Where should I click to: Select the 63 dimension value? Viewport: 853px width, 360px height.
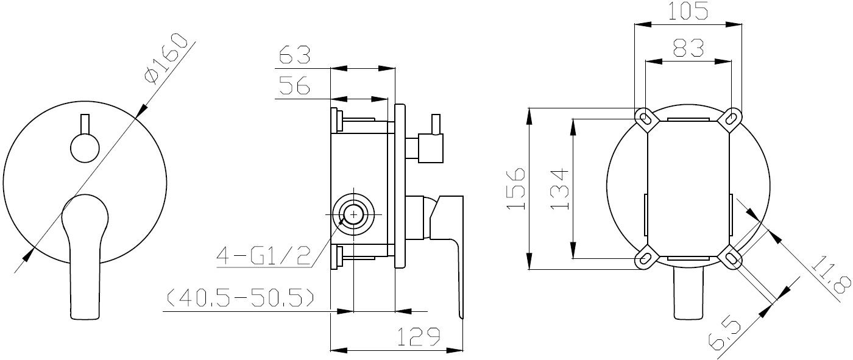click(295, 55)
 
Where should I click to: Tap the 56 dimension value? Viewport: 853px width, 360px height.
click(294, 85)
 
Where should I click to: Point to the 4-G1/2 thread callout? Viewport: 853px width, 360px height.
click(263, 255)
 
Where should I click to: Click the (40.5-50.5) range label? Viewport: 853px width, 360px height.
click(241, 297)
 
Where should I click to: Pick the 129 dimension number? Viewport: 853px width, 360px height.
click(419, 336)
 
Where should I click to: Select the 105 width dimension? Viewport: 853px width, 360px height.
click(688, 10)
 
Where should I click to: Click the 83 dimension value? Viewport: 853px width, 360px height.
click(688, 48)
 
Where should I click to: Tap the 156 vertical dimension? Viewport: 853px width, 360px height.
click(517, 188)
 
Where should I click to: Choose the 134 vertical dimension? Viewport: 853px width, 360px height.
click(559, 189)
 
